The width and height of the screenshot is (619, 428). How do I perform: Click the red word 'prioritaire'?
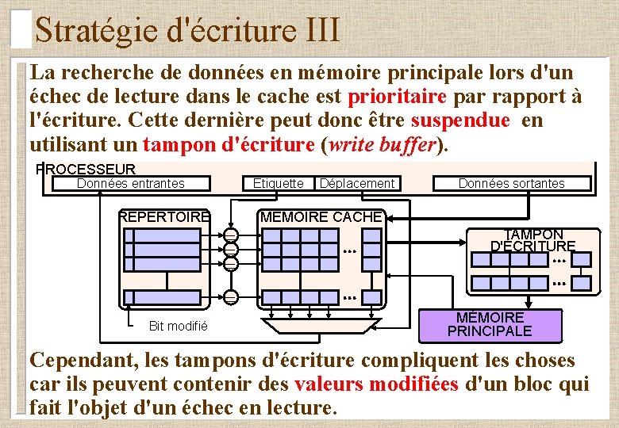(x=398, y=97)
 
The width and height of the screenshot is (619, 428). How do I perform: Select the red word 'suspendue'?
(x=460, y=121)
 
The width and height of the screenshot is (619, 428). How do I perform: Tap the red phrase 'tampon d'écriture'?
(x=229, y=144)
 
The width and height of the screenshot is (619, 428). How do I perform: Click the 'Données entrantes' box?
(x=131, y=184)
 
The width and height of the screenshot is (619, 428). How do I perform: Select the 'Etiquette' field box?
(x=278, y=184)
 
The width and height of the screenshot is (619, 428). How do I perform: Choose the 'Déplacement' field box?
(x=356, y=184)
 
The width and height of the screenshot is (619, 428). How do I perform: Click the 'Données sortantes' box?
(x=512, y=184)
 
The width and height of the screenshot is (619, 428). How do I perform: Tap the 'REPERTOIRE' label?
(x=164, y=217)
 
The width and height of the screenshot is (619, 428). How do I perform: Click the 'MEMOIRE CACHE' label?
(x=321, y=217)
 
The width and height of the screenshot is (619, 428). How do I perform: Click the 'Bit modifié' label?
(x=179, y=326)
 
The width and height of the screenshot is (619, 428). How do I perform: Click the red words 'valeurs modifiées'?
(x=376, y=384)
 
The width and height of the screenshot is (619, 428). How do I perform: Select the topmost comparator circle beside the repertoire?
(x=230, y=235)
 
